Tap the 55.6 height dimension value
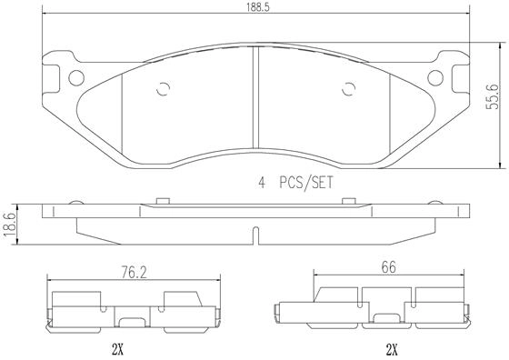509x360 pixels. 492,96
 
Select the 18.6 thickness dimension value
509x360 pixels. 9,225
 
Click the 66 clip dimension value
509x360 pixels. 389,268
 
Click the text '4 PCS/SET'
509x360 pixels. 295,183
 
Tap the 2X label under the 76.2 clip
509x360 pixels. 117,350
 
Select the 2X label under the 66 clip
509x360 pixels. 392,350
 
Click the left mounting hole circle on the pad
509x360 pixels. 76,78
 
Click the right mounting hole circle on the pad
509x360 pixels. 435,78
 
